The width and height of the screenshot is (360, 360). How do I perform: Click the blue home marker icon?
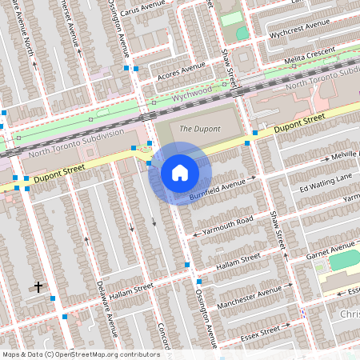tap(180, 172)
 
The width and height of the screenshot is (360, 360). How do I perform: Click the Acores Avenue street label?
tap(182, 73)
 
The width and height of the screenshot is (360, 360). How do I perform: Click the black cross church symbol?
tap(38, 286)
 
